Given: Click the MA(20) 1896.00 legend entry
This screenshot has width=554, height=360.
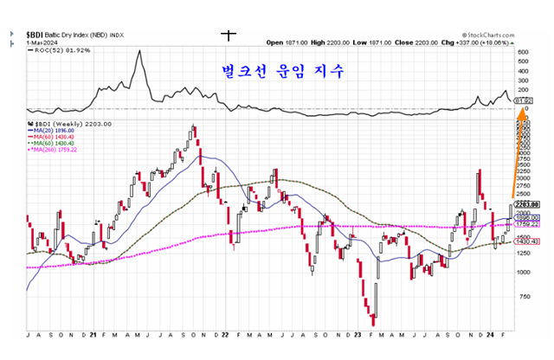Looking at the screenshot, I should [54, 131].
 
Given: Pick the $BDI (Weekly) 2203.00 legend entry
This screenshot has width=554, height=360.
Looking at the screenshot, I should [62, 125].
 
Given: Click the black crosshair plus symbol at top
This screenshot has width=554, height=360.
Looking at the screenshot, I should [229, 35].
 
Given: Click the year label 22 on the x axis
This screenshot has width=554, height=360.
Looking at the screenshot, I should [224, 334].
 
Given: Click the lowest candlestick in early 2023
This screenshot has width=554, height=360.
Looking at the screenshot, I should [373, 319].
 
